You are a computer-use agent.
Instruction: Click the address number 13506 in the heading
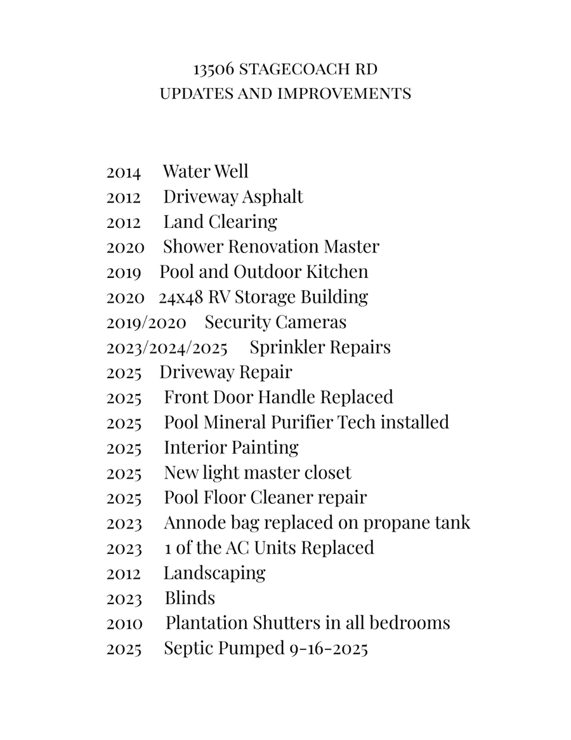pos(214,69)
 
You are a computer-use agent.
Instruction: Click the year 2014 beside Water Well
pos(124,172)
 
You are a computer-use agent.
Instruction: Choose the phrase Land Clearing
pos(220,222)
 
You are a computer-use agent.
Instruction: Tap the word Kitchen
pos(337,272)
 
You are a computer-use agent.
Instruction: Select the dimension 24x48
pos(178,297)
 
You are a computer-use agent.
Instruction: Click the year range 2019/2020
pos(146,322)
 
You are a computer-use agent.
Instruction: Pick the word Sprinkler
pos(289,347)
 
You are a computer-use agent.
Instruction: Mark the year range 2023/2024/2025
pos(167,348)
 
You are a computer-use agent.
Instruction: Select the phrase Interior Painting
pos(231,447)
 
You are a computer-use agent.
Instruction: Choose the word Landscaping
pos(214,573)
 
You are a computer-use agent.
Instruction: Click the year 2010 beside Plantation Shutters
pos(124,623)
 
